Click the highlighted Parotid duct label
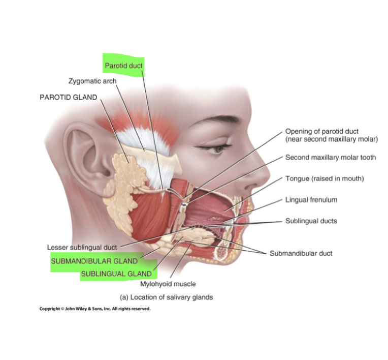[123, 66]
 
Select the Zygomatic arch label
[92, 81]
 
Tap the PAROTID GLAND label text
[68, 97]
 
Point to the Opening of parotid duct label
[331, 135]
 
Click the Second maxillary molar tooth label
[331, 158]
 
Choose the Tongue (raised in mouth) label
[325, 178]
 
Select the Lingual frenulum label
[311, 200]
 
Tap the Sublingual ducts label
[311, 221]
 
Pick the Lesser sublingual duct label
[82, 247]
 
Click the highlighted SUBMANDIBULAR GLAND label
[94, 261]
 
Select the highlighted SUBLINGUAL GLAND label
[116, 274]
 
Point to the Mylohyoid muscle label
[168, 284]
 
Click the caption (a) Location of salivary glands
[166, 297]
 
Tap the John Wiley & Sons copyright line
[95, 309]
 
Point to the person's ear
[82, 153]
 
